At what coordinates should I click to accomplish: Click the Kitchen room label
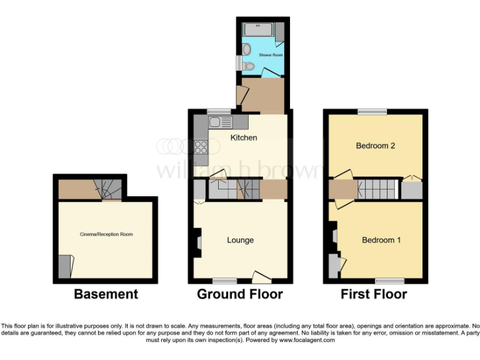(x=243, y=137)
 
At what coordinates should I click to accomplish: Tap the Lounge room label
(x=240, y=240)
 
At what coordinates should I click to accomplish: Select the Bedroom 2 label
(x=376, y=146)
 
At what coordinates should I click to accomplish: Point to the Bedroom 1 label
(x=381, y=240)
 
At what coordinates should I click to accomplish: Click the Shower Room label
(x=271, y=55)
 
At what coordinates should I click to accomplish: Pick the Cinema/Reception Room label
(x=106, y=234)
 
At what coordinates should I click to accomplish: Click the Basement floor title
(x=106, y=294)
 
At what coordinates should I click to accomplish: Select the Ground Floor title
(x=240, y=294)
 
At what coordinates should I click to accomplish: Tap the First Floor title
(x=374, y=294)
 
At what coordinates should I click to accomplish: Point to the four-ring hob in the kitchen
(x=202, y=147)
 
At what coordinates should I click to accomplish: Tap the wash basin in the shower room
(x=247, y=49)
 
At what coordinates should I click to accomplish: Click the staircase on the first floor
(x=377, y=189)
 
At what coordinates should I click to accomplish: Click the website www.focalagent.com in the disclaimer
(x=306, y=341)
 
